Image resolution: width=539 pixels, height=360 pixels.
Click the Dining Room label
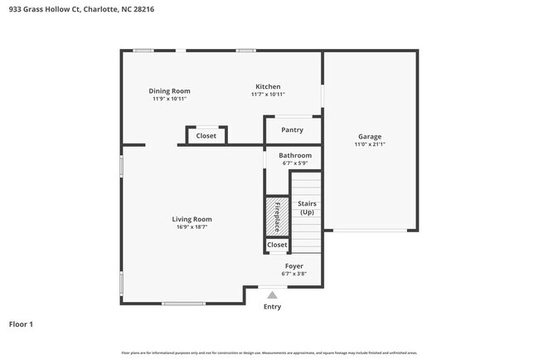[169, 90]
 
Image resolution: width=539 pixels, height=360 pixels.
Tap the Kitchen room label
[268, 86]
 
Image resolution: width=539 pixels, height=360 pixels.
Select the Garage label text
[369, 136]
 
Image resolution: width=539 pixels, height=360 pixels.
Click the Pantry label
[292, 129]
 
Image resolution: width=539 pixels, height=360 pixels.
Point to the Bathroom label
[294, 155]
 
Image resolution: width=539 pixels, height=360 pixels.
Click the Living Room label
[192, 219]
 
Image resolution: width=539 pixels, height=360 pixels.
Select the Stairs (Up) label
[307, 207]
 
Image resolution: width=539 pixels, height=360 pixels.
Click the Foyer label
[294, 265]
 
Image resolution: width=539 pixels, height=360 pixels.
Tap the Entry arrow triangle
[272, 293]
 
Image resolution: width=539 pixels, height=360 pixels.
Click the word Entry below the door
[272, 307]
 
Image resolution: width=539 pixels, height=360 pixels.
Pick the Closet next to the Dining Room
[206, 135]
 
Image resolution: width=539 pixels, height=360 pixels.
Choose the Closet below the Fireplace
[277, 245]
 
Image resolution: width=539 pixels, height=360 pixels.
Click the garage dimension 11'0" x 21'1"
[369, 144]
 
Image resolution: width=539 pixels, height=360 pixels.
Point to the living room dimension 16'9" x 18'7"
[192, 227]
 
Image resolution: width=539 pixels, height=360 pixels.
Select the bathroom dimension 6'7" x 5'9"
[294, 163]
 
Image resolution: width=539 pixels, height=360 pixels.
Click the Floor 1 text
[21, 324]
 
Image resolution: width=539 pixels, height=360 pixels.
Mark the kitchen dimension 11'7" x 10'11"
[268, 95]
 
